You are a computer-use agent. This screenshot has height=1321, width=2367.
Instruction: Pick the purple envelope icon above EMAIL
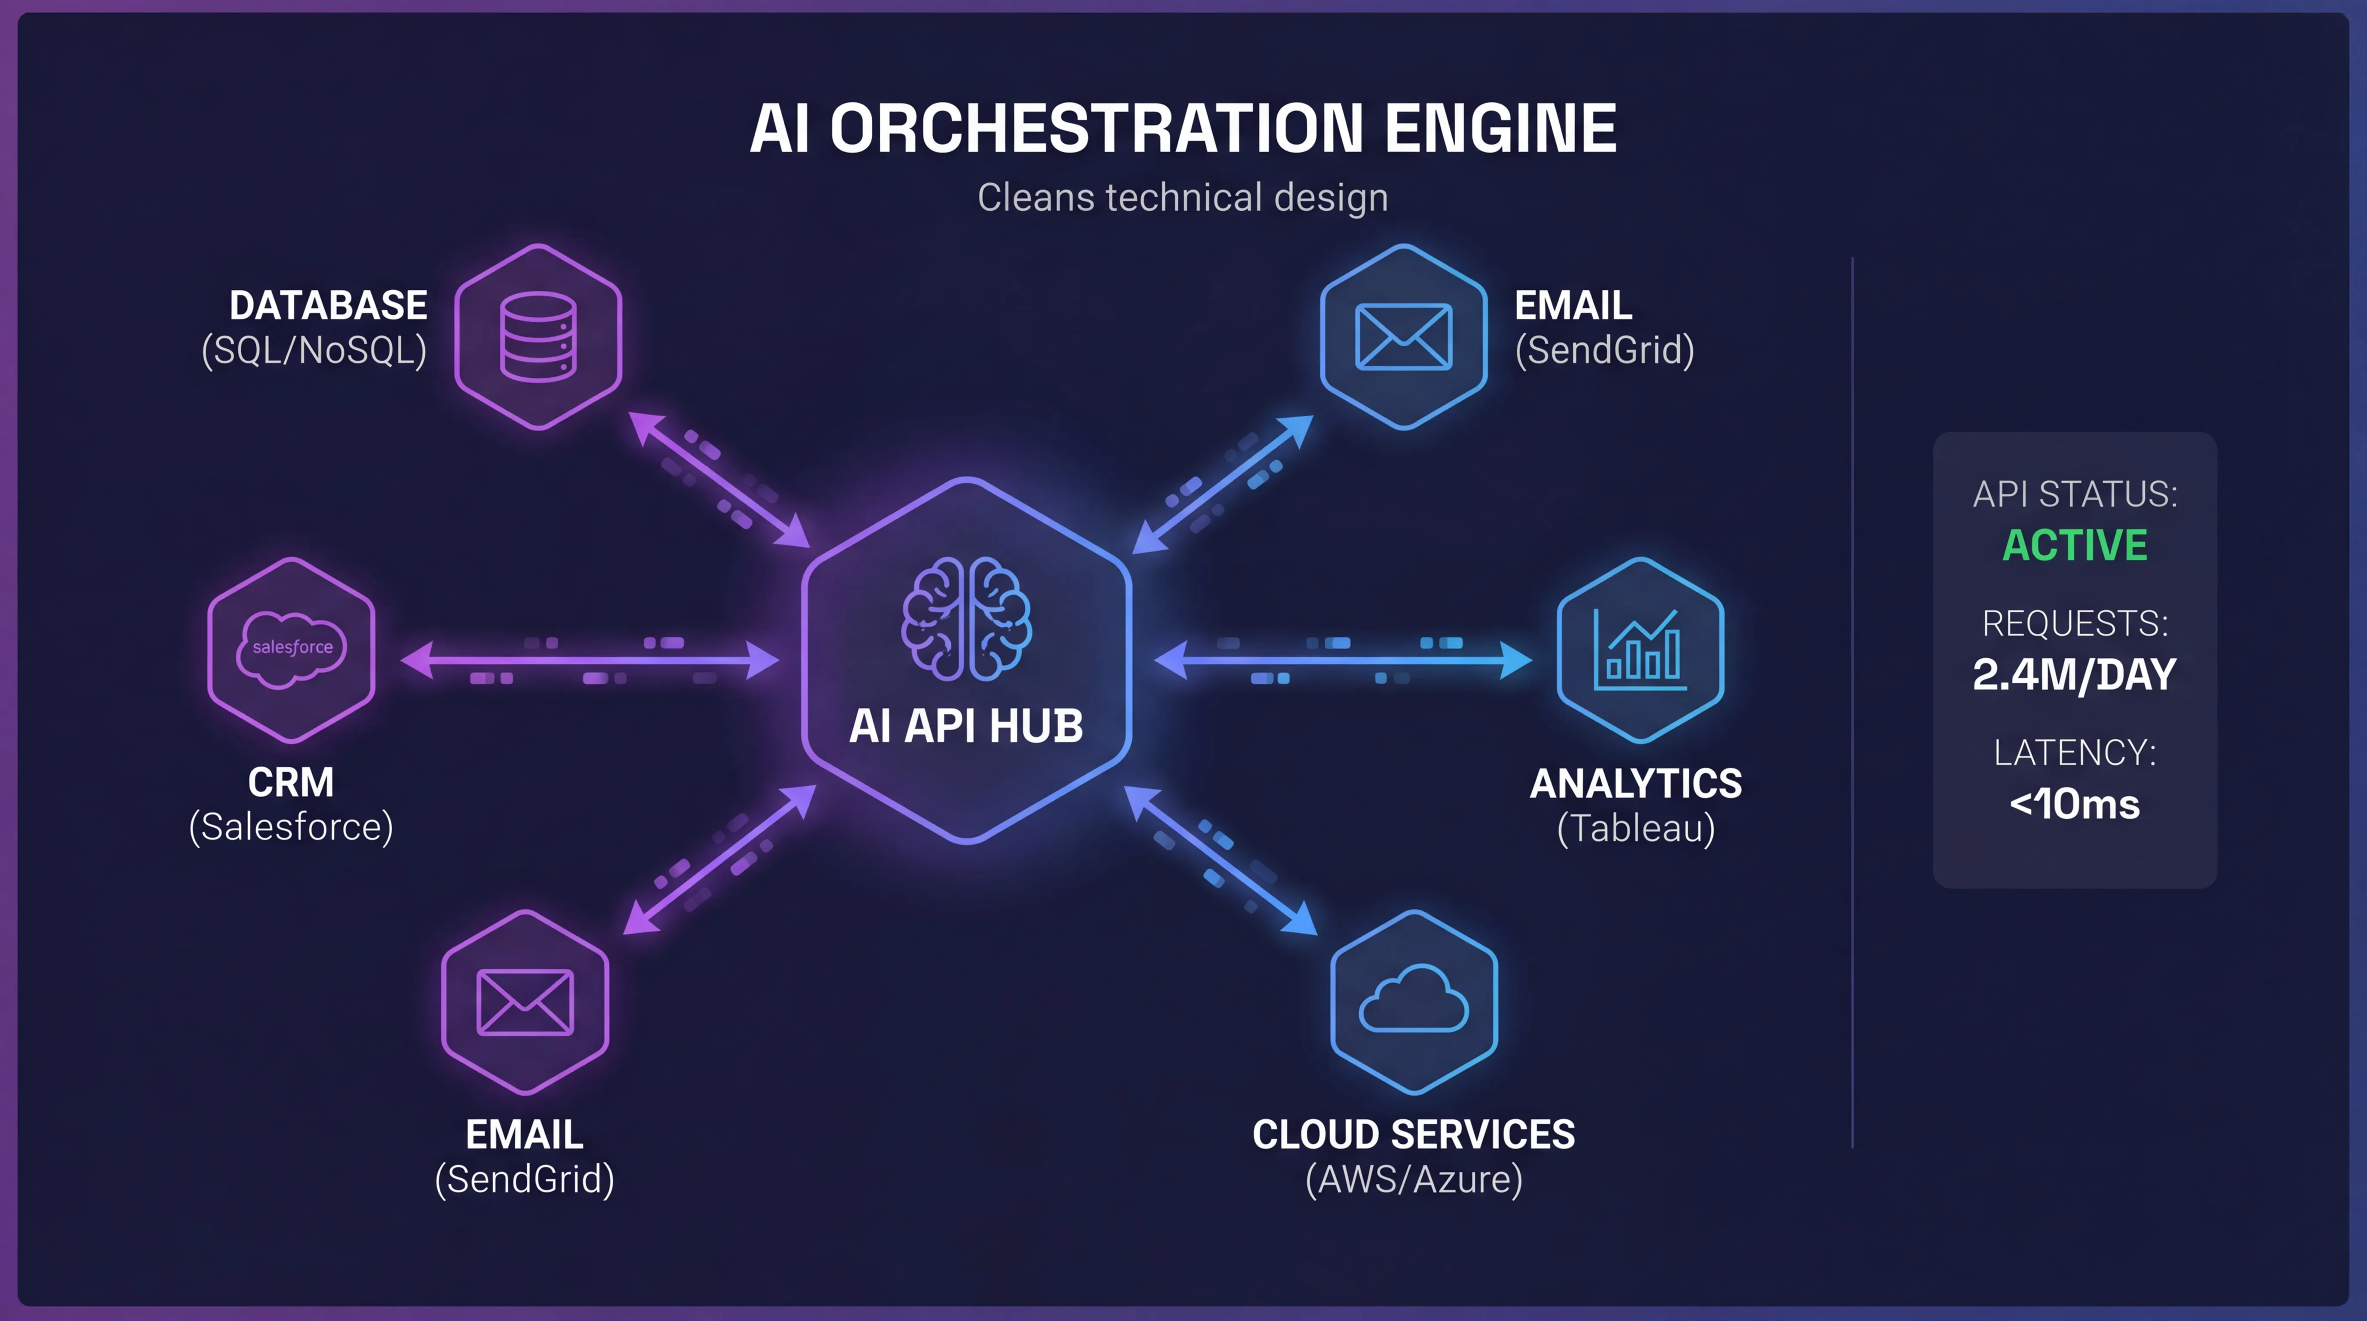point(525,1002)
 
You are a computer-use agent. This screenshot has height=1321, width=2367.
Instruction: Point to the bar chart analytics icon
point(1640,649)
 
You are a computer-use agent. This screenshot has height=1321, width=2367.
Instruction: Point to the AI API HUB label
point(966,726)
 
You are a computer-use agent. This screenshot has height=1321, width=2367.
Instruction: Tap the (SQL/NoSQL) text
point(314,350)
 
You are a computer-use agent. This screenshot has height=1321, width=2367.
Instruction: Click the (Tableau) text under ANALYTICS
point(1635,829)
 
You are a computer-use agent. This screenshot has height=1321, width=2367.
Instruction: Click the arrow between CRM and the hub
point(590,660)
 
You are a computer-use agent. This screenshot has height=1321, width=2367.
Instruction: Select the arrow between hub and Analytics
point(1343,660)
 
